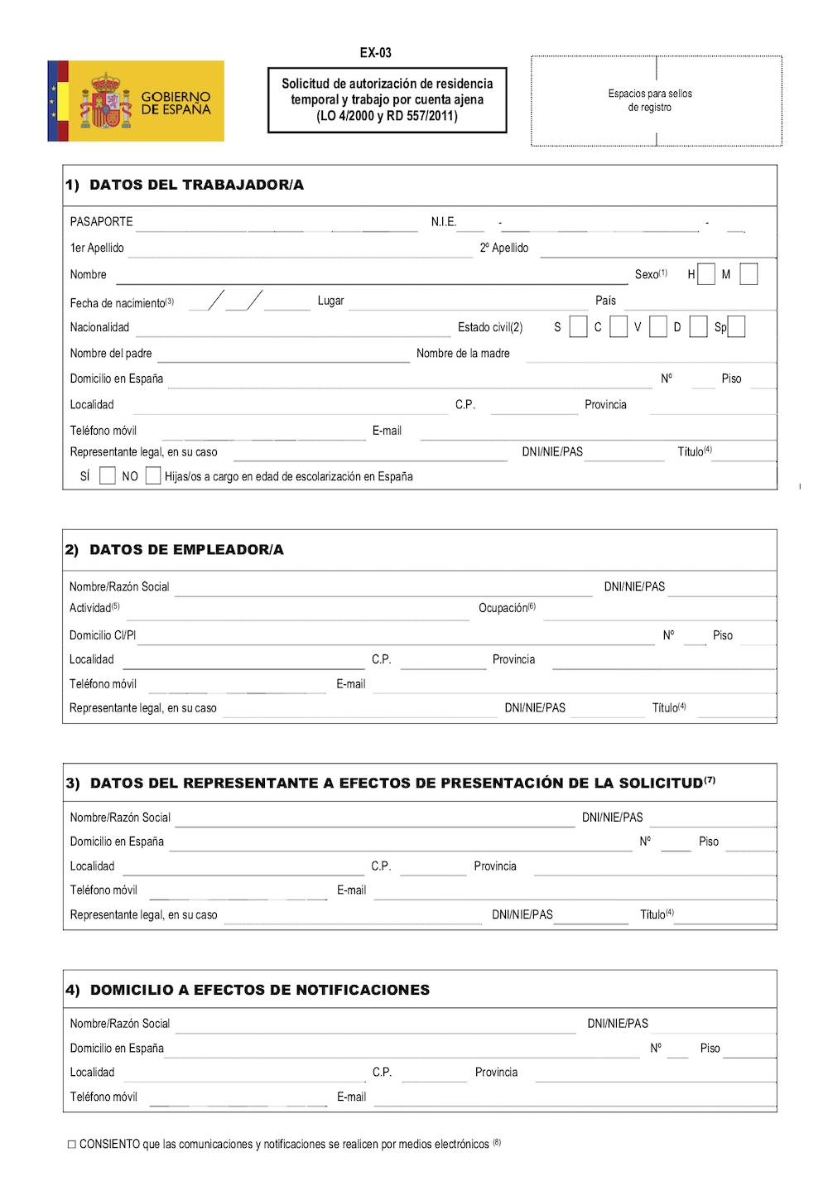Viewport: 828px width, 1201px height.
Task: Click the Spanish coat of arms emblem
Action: [x=105, y=101]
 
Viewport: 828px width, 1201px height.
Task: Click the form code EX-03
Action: [x=375, y=53]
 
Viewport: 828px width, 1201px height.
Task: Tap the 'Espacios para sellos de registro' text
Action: [x=650, y=100]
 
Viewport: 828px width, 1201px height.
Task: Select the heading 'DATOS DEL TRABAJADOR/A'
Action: [x=196, y=185]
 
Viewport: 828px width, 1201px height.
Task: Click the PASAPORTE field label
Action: [x=101, y=222]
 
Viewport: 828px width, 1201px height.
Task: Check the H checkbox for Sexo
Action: [x=706, y=274]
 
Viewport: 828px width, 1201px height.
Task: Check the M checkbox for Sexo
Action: [x=749, y=274]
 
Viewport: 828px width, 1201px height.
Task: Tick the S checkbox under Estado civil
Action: [x=579, y=327]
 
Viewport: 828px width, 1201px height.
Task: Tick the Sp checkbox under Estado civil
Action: [x=736, y=327]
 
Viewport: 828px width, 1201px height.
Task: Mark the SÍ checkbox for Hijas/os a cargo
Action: [x=108, y=475]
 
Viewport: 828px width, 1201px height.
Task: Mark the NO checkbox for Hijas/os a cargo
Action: [x=153, y=475]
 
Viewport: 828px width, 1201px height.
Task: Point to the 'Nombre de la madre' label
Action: [x=463, y=354]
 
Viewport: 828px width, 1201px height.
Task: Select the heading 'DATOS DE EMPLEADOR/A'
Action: [x=186, y=549]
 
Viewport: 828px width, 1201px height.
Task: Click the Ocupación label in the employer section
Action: [x=506, y=608]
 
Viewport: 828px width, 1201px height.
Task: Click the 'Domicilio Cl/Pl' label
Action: [x=103, y=635]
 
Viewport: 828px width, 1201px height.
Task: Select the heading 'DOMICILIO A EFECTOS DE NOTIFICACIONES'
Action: [x=259, y=990]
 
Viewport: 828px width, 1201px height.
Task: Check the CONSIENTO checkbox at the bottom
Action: [x=72, y=1145]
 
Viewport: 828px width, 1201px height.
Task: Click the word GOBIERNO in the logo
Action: [x=176, y=96]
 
